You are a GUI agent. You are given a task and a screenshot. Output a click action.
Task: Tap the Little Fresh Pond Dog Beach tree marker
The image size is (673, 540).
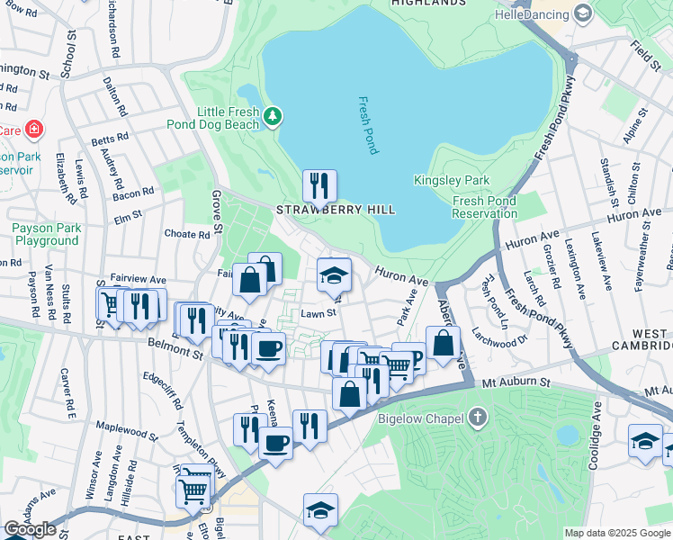point(273,116)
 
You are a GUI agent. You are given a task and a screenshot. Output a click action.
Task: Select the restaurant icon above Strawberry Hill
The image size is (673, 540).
point(319,186)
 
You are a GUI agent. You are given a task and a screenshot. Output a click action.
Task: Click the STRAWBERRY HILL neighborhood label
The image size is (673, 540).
point(335,210)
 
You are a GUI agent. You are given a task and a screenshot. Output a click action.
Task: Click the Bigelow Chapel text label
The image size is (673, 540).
point(427,418)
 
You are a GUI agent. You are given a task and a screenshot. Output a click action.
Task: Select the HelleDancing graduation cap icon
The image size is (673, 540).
point(582,13)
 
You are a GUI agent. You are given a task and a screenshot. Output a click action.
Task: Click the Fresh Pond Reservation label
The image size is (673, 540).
point(485,207)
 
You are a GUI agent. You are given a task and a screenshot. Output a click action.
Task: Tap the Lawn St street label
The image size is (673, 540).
point(318,314)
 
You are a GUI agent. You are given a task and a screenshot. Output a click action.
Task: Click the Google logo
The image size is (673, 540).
point(30,529)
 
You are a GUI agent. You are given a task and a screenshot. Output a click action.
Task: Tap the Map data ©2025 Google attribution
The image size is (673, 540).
point(617,533)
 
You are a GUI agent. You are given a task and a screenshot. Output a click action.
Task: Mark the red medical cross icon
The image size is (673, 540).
point(34,130)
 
